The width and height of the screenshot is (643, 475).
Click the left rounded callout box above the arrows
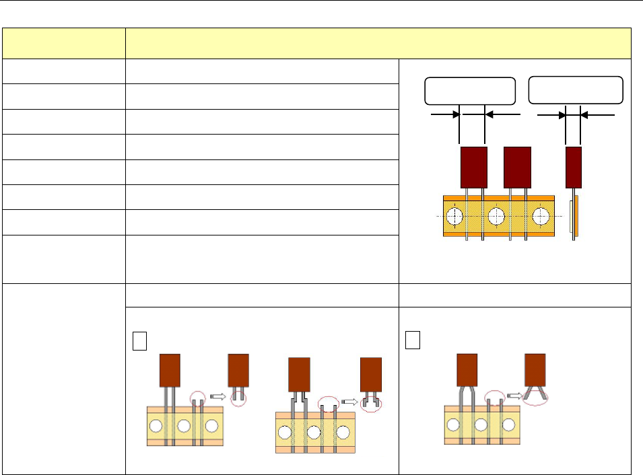(x=470, y=91)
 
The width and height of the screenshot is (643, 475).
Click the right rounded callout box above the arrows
(x=576, y=90)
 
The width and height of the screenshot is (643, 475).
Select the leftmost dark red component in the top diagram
(x=473, y=168)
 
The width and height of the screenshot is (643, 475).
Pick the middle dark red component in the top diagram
(x=517, y=168)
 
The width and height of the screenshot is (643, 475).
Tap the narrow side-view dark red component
(x=573, y=168)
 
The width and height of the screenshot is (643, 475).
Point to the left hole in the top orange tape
(x=455, y=216)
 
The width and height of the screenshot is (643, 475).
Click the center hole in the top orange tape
(x=497, y=216)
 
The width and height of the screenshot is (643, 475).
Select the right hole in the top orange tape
(x=541, y=216)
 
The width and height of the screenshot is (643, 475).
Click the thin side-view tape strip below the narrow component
(x=573, y=219)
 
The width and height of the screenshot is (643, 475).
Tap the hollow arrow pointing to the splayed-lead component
(x=515, y=395)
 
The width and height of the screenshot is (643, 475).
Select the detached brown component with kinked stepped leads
(x=371, y=378)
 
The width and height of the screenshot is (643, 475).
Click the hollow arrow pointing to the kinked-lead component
(x=349, y=401)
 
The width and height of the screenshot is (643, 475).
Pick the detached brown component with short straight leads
(x=238, y=372)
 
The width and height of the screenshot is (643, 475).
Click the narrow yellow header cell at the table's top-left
(x=64, y=43)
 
